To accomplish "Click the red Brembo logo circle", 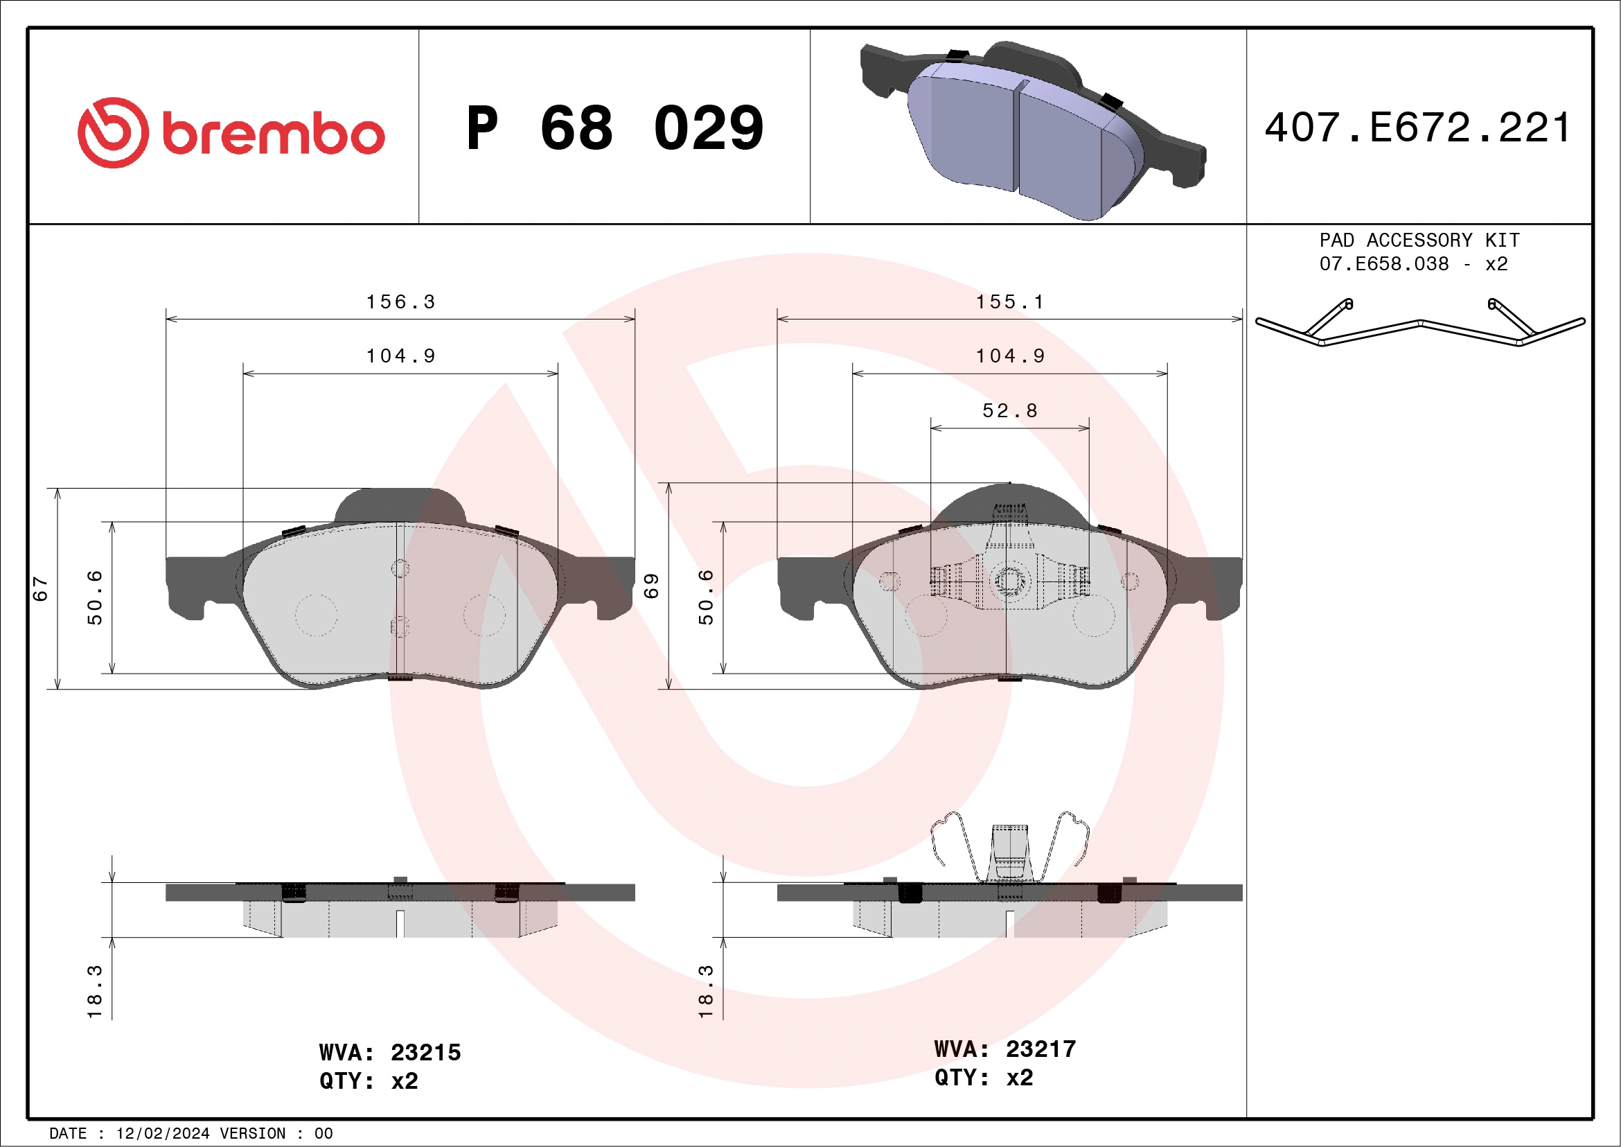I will [113, 133].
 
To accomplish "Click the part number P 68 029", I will [614, 128].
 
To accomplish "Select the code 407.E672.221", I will [1417, 128].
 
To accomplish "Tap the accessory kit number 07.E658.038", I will [1384, 264].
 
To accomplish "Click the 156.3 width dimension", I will [400, 302].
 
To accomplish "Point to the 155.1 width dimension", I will [1009, 302].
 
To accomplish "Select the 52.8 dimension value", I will [1009, 411].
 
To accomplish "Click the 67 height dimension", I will [41, 589].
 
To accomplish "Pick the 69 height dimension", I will [652, 586].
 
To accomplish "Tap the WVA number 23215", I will [426, 1053].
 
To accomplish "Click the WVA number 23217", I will [1040, 1049].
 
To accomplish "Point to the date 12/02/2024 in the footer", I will [162, 1134].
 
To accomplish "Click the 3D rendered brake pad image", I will [1031, 131].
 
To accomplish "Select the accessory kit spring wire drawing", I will [1419, 325].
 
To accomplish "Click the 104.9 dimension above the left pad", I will [400, 357].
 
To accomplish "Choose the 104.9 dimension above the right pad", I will [1009, 357].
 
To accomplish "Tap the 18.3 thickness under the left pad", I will [95, 992].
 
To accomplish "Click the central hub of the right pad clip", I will [1009, 581].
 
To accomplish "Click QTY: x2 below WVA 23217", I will [984, 1078].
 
